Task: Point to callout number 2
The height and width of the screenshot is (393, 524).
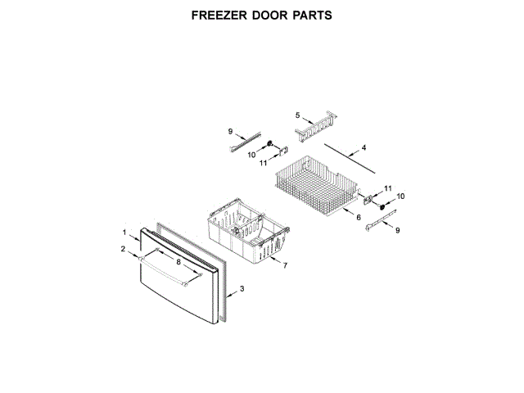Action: pyautogui.click(x=123, y=248)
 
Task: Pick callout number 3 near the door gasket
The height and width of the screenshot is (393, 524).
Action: pyautogui.click(x=242, y=291)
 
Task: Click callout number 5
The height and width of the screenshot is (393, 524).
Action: pyautogui.click(x=298, y=116)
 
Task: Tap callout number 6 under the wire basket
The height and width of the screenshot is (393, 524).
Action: pyautogui.click(x=359, y=218)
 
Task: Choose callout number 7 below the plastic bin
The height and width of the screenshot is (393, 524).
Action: pyautogui.click(x=285, y=267)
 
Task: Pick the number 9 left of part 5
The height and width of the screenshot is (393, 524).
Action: pyautogui.click(x=231, y=132)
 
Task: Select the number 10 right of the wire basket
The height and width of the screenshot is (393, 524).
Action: pyautogui.click(x=401, y=196)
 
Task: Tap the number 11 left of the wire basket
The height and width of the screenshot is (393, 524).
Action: pyautogui.click(x=264, y=163)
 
